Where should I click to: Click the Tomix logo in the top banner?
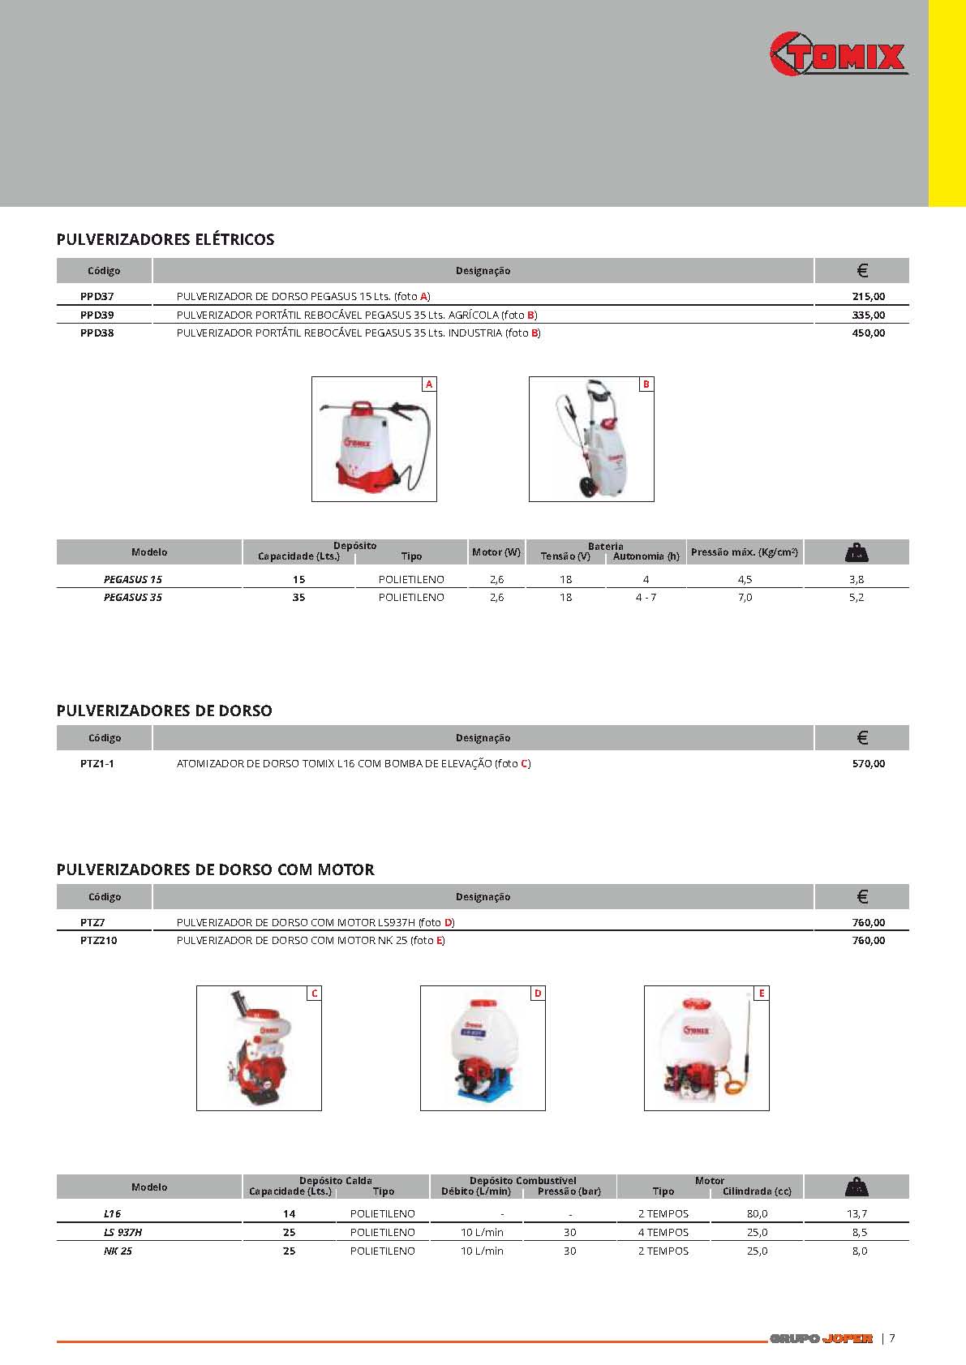tap(839, 55)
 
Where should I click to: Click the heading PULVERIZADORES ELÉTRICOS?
tap(165, 239)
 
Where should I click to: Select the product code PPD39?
tap(97, 315)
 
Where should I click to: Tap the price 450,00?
tap(868, 333)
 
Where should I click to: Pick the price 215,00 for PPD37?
tap(868, 297)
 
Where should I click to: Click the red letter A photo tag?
tap(429, 384)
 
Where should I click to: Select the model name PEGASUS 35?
tap(133, 598)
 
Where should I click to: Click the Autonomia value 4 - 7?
tap(646, 598)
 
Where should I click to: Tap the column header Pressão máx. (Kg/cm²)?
tap(745, 552)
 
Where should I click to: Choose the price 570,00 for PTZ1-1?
tap(868, 764)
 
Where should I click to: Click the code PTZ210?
tap(99, 941)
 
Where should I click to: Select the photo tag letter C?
tap(314, 994)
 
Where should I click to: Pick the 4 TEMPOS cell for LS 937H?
tap(663, 1232)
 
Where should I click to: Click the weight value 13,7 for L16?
tap(857, 1214)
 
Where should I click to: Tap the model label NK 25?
tap(118, 1251)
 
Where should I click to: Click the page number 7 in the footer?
tap(892, 1338)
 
